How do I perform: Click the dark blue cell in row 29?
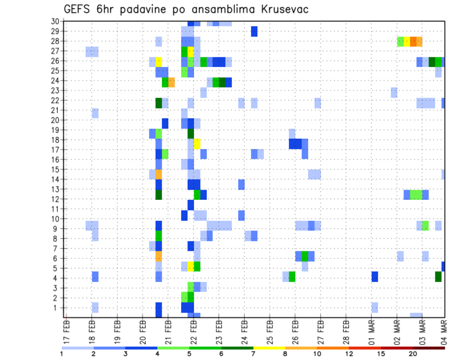(254, 31)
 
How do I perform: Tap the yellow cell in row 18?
(197, 143)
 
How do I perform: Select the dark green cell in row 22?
(159, 103)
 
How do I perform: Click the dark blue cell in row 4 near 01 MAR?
(375, 277)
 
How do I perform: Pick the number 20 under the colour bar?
(413, 353)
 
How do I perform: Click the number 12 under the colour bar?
(349, 353)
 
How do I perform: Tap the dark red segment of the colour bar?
(429, 347)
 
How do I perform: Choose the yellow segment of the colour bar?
(269, 347)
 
